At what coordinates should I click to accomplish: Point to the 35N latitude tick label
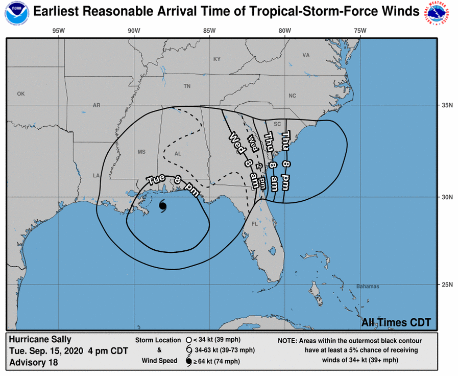click(x=447, y=106)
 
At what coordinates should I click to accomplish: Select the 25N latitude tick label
click(x=447, y=285)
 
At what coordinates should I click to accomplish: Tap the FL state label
click(x=254, y=224)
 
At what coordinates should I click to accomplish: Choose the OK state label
click(x=21, y=94)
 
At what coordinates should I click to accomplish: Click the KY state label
click(x=217, y=59)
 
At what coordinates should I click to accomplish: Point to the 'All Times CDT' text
click(x=396, y=322)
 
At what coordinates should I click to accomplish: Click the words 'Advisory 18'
click(x=34, y=363)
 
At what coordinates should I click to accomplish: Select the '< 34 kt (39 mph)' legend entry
click(x=222, y=340)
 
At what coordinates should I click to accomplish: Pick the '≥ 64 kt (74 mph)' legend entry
click(x=221, y=362)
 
